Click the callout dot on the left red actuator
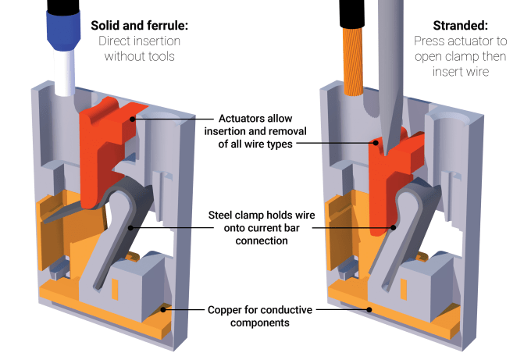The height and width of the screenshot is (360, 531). tap(134, 119)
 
